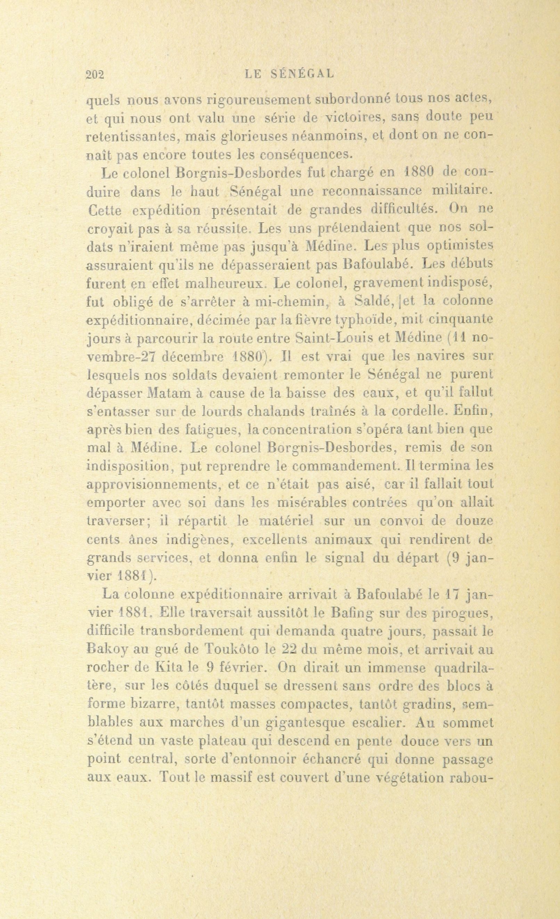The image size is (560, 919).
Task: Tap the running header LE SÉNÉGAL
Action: (288, 74)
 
